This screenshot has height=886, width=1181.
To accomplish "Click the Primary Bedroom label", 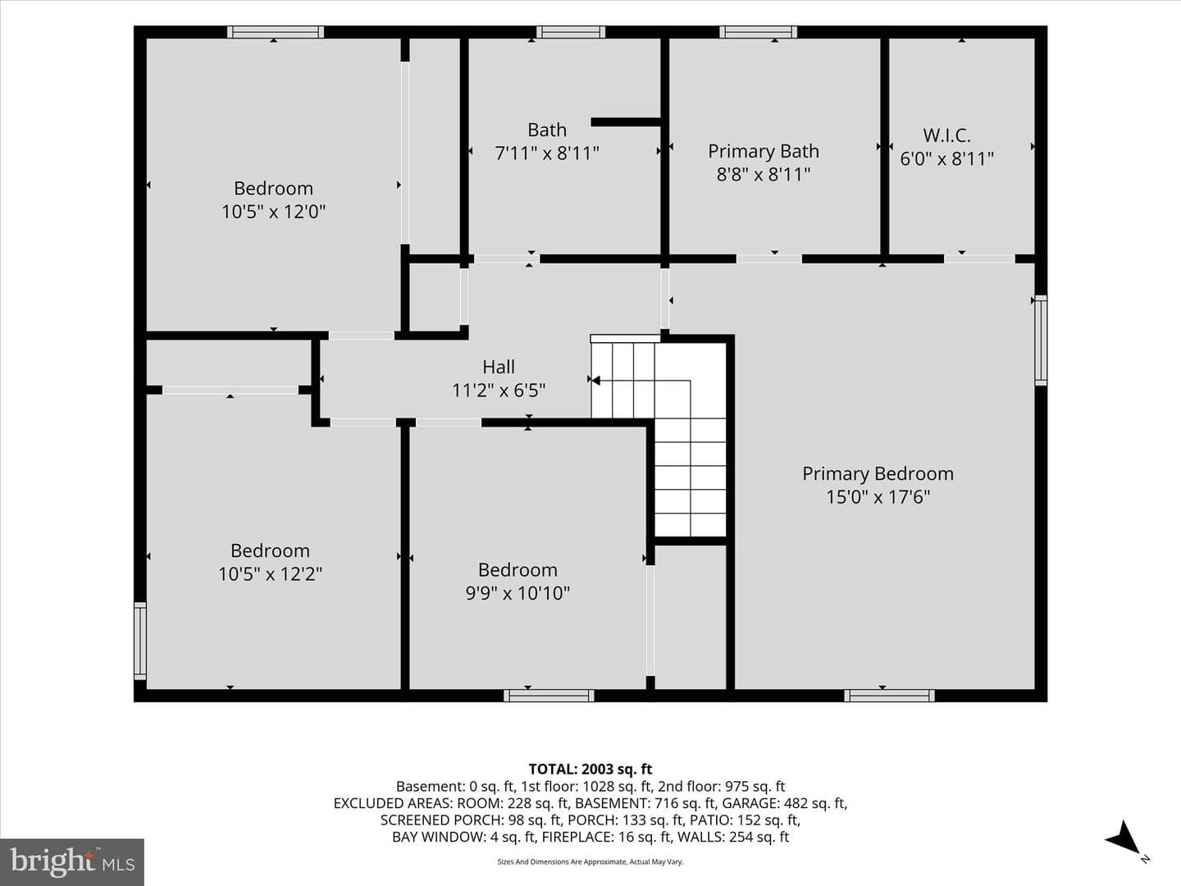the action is coord(878,473).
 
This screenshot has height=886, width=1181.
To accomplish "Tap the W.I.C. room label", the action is coord(946,135).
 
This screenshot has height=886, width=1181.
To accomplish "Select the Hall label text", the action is coord(498,367).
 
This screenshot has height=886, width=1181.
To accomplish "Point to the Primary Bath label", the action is coord(764,151).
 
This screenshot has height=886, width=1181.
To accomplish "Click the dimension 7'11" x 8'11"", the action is coord(547,153).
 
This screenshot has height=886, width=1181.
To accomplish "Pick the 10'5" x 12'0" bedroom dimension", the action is coord(273,212).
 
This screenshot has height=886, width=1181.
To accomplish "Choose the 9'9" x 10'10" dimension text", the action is coord(518,593).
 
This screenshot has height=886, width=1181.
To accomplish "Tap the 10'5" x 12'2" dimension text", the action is coord(270,574).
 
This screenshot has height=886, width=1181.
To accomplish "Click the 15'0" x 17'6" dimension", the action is coord(878,496).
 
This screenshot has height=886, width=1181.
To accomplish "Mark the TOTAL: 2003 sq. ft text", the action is coord(590,770).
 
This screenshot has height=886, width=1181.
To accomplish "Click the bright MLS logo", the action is coord(72,861).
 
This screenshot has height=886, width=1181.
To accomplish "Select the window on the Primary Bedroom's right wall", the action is coord(1042,340).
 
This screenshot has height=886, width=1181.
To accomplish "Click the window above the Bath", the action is coord(570,32).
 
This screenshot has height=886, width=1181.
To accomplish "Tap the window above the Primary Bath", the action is coord(758,32).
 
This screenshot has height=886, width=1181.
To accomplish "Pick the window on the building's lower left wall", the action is coord(140,641).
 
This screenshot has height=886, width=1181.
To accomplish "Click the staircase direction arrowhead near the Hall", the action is coord(595,381).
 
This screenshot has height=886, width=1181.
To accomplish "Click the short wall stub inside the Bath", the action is coord(626,122).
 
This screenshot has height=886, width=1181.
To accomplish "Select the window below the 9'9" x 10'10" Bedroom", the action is coord(549,696).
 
